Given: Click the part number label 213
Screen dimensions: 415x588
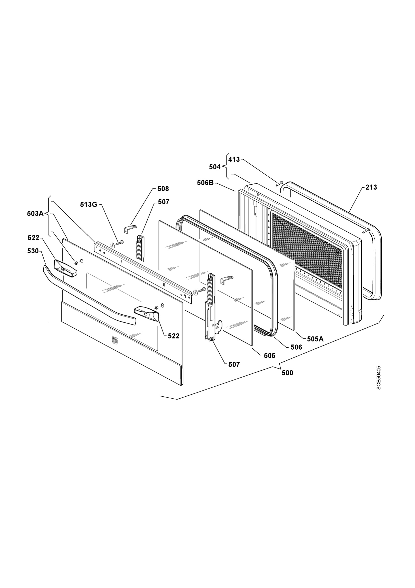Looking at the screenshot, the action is coord(371,187).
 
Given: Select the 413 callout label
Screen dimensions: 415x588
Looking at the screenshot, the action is coord(234,159).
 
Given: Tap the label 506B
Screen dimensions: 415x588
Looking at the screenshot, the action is coord(205,183).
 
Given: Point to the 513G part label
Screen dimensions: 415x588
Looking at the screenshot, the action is coord(89,205).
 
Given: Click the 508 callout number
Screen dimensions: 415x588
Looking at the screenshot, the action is coord(163,189).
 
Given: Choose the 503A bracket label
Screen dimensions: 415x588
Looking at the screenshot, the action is coord(35,214).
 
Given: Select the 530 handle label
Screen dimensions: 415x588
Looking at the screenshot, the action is coord(33,251).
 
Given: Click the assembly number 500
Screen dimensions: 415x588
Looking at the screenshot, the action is coord(287,373).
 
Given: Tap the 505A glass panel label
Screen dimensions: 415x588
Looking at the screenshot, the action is coord(315,339).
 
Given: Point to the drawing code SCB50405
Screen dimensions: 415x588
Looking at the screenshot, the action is coord(379,378).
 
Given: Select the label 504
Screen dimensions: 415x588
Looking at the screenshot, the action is coord(215,167).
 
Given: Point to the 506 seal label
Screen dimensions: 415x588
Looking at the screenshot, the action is coord(296,347).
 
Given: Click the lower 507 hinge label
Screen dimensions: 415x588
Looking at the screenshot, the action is coord(234,364).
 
